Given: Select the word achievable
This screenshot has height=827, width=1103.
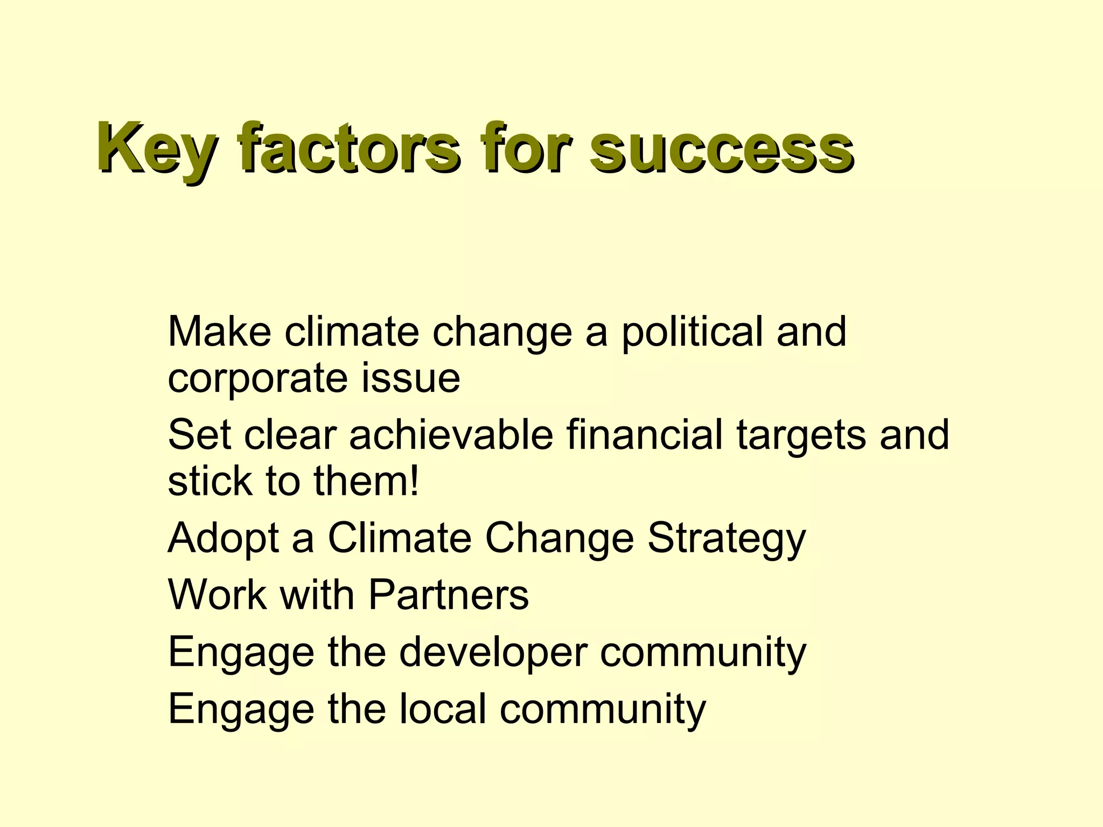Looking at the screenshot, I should point(451,434).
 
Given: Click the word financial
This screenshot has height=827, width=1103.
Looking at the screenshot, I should point(644,434).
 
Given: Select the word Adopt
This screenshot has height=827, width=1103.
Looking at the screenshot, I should point(223,538).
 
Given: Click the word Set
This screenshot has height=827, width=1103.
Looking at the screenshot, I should point(199,434).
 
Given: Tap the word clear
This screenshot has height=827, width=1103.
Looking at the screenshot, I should point(290,434).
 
